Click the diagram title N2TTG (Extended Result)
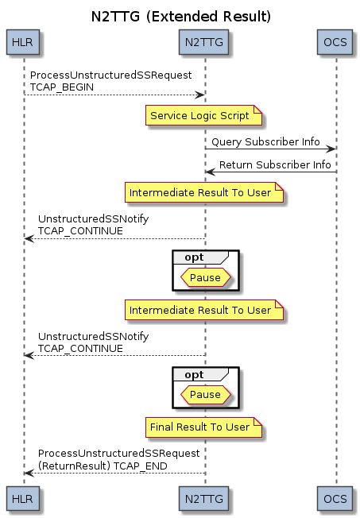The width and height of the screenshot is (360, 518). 181,17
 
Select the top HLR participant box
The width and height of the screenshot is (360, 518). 23,42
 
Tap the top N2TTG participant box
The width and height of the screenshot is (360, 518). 203,42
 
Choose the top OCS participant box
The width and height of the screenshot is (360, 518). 335,42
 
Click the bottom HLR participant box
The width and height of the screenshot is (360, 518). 23,498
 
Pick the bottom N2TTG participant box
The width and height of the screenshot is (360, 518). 203,498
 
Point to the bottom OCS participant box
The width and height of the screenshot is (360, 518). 335,498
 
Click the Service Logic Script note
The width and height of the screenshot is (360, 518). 203,115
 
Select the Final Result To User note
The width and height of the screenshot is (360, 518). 203,427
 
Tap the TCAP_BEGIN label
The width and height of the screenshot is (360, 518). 62,87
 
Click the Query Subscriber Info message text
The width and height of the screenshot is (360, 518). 265,141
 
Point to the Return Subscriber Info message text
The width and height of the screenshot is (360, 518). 275,164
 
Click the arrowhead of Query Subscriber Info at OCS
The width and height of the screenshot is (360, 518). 331,149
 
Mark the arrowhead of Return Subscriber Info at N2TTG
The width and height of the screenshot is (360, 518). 210,172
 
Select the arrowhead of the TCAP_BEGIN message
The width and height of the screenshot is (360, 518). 200,95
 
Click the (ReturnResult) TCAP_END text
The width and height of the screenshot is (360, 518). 103,466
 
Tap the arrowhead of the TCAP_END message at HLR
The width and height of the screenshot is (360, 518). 29,473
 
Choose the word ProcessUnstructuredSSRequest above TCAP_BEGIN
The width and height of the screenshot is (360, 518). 110,75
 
